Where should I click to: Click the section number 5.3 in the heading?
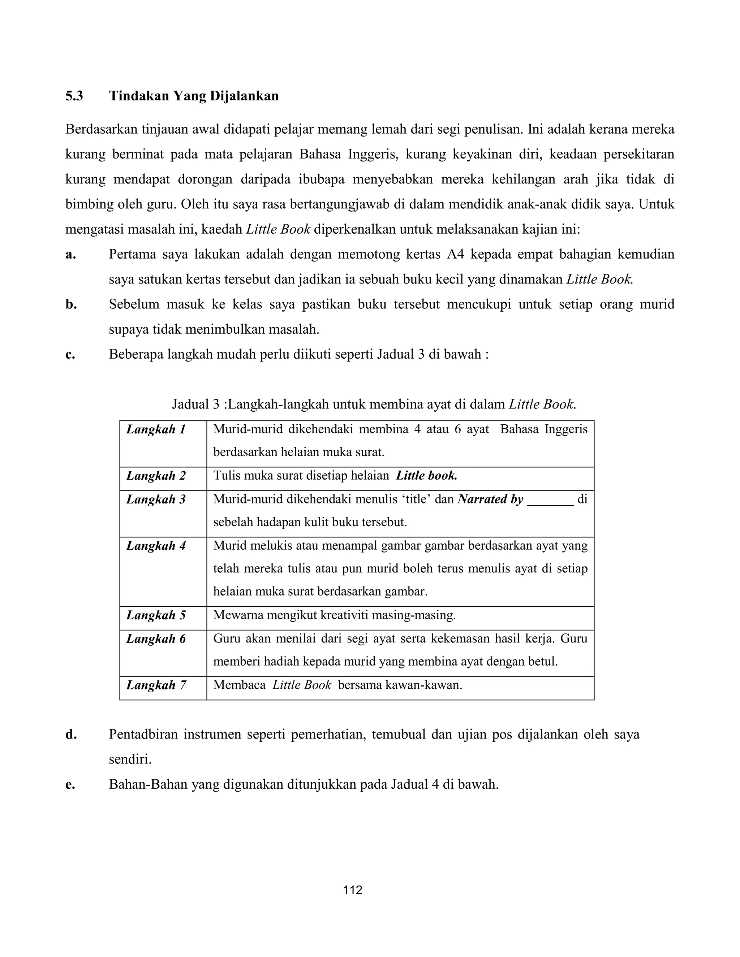point(74,96)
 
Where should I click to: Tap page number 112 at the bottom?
point(353,890)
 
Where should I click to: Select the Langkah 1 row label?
point(156,429)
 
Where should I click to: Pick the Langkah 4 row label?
point(156,546)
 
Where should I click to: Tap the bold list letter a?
point(70,255)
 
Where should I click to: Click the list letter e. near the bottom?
point(70,784)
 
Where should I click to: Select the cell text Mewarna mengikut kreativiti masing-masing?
point(335,615)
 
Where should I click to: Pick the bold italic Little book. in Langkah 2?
point(427,476)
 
